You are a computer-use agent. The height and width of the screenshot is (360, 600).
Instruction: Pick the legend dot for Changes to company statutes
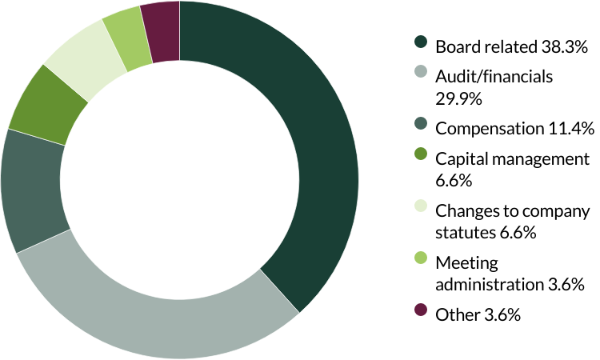[421, 206]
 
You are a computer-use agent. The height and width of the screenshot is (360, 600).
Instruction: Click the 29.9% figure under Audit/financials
[458, 98]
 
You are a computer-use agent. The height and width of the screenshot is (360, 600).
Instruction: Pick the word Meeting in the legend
[466, 263]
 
